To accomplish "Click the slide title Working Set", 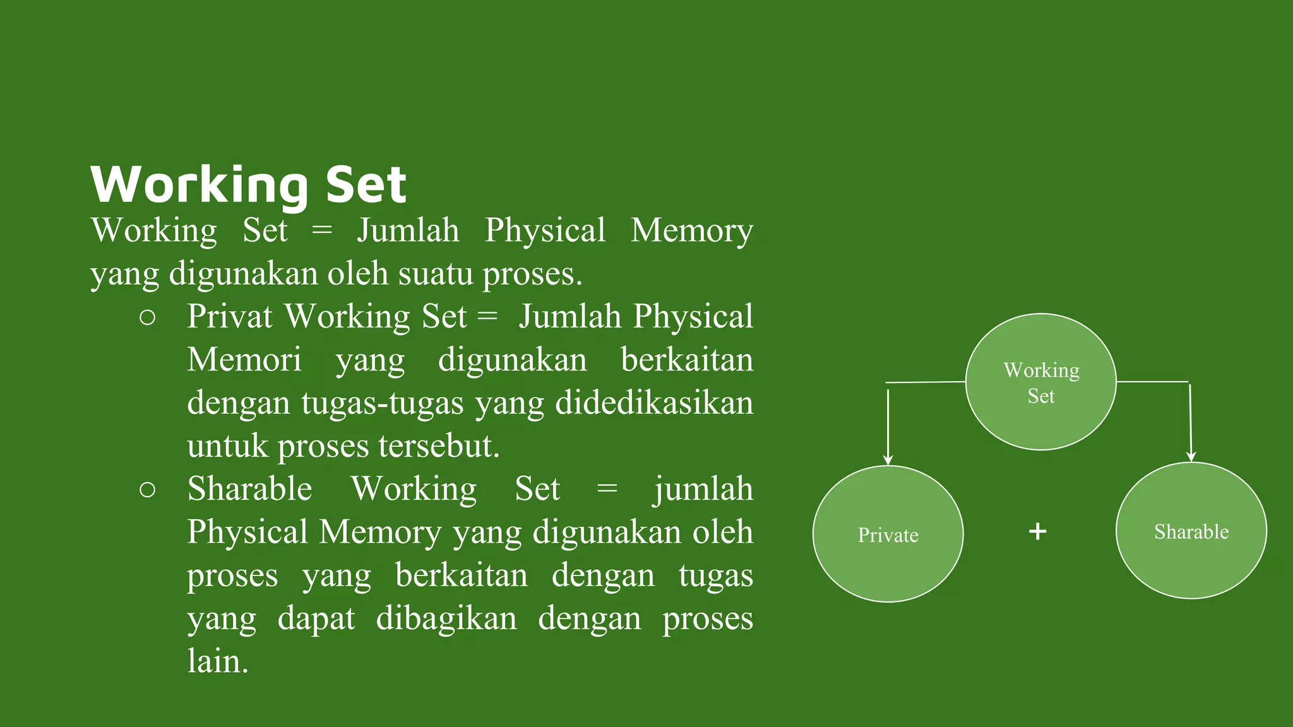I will [248, 184].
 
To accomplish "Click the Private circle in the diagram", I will [888, 535].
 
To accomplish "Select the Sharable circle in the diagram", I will [1191, 531].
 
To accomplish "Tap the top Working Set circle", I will [1040, 382].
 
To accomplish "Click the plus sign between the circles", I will [1037, 531].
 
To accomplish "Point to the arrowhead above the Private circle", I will [888, 459].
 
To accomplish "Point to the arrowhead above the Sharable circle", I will [1191, 456].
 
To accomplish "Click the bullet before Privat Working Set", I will [147, 317].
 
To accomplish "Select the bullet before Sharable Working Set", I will [147, 490].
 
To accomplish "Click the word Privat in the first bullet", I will [230, 316].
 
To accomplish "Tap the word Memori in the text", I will [244, 360].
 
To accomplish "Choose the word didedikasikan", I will [654, 403].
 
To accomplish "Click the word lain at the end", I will [217, 661].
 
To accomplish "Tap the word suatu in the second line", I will [435, 274].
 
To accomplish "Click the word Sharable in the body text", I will [250, 489].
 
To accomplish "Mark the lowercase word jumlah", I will [703, 489].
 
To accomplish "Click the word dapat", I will [316, 618].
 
